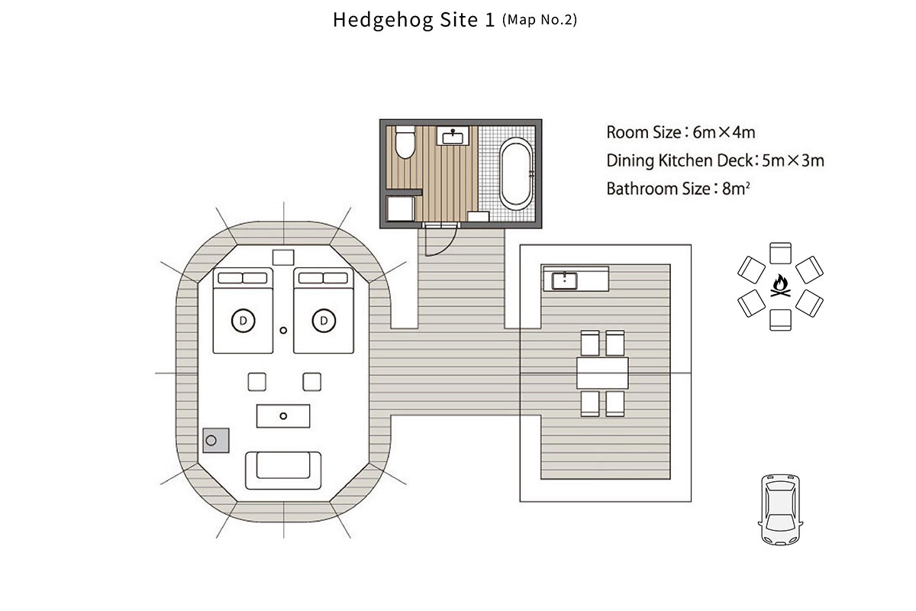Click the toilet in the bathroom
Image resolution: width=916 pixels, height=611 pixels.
[405, 142]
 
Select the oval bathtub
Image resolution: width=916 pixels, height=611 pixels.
[517, 173]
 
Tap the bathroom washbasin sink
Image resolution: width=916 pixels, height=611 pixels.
[453, 136]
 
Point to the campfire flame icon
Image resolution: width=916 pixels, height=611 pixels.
[781, 285]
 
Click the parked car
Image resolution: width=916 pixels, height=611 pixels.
[780, 509]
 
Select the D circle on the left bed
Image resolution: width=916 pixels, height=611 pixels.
[244, 321]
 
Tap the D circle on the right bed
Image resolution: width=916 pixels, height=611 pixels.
[324, 321]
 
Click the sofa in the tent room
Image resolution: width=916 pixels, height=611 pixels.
[283, 470]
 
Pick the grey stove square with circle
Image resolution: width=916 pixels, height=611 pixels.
[216, 441]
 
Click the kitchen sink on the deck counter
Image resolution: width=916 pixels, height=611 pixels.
[564, 281]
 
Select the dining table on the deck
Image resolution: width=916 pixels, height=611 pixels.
[602, 373]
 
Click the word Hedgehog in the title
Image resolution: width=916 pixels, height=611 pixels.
[383, 20]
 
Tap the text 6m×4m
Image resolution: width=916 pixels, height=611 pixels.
[724, 132]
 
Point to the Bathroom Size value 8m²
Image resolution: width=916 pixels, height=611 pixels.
[736, 189]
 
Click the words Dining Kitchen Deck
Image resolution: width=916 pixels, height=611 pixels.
[679, 160]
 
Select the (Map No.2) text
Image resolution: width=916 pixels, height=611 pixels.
[540, 20]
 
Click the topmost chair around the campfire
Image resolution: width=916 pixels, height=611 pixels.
[780, 254]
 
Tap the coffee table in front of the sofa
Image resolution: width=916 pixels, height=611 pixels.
[283, 416]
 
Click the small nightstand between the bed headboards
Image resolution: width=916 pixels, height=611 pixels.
[283, 258]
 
